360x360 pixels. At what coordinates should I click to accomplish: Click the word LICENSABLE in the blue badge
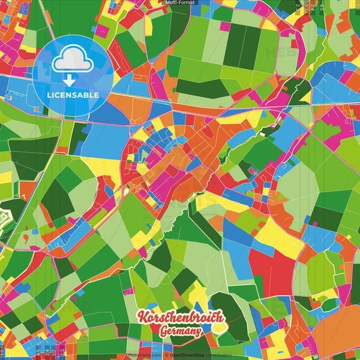pyautogui.click(x=73, y=95)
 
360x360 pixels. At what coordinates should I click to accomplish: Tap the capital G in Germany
pyautogui.click(x=165, y=331)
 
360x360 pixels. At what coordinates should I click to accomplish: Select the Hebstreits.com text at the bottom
pyautogui.click(x=143, y=355)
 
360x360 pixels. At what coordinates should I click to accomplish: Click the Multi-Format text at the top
pyautogui.click(x=179, y=3)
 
